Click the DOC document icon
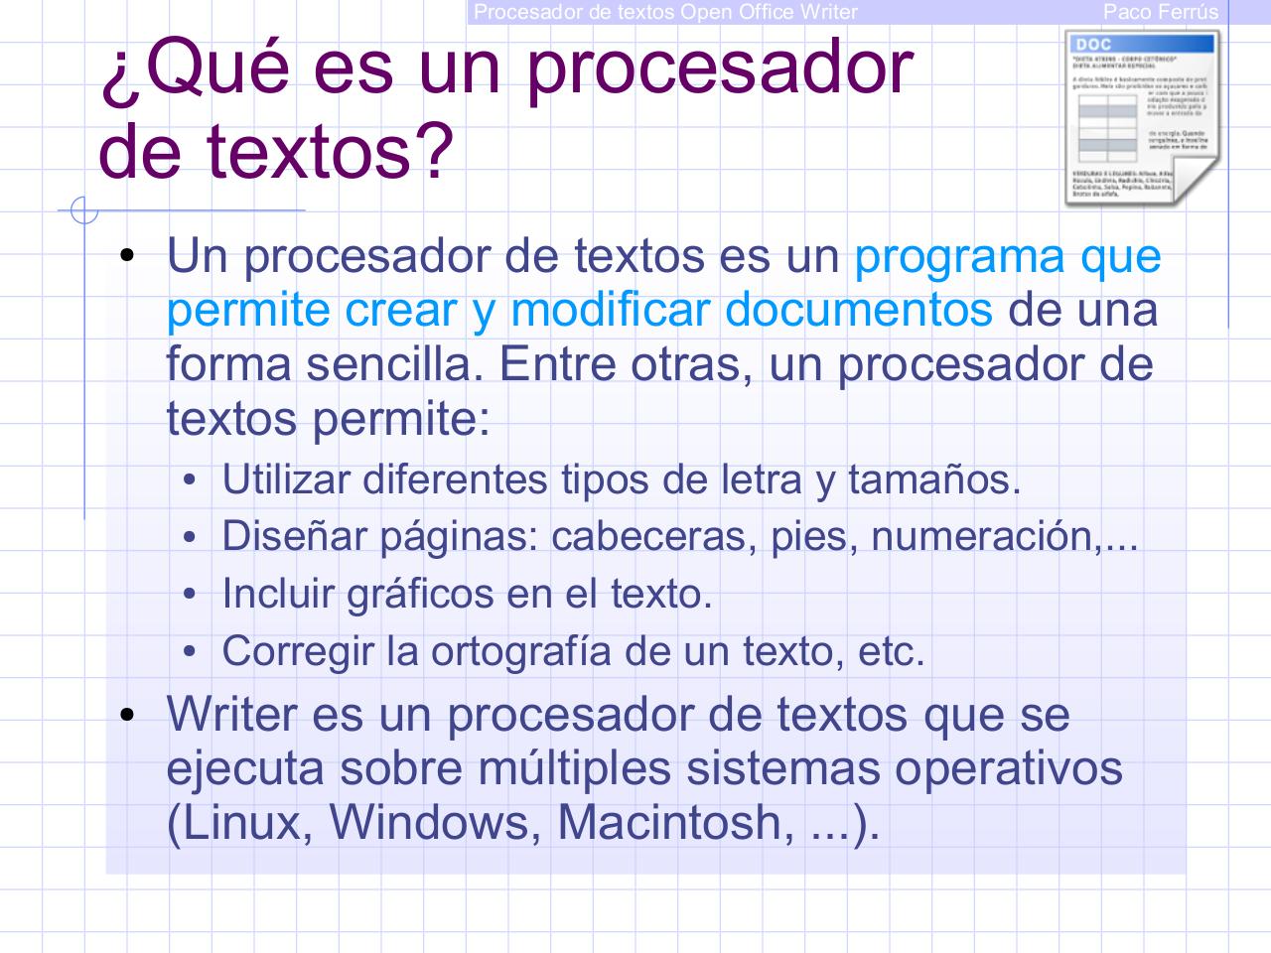tap(1142, 117)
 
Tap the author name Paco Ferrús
tap(1160, 12)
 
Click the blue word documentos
tap(858, 310)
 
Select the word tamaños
tap(933, 479)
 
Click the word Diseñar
tap(284, 536)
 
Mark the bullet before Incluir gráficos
tap(192, 595)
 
